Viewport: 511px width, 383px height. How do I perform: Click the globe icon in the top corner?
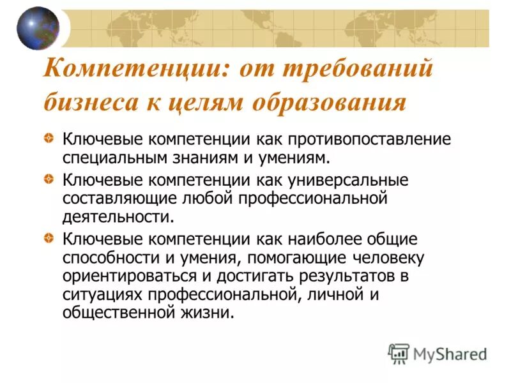coord(37,29)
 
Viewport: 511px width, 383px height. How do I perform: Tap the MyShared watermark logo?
coord(438,354)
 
